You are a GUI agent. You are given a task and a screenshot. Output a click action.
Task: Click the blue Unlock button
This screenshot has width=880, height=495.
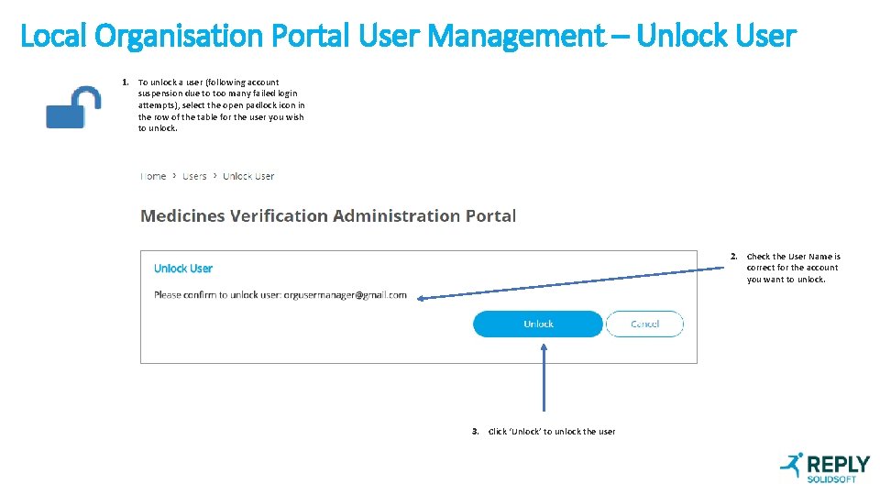pos(538,324)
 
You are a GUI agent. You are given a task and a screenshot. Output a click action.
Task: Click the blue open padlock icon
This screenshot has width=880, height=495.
pos(74,107)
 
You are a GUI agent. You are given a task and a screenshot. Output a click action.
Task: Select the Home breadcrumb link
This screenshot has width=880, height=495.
pos(153,176)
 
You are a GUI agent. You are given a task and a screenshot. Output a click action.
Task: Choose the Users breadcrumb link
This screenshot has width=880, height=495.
pos(194,176)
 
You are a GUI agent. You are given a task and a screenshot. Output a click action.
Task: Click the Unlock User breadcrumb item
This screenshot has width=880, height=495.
pos(248,176)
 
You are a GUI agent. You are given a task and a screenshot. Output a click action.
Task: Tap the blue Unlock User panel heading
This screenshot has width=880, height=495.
pos(182,269)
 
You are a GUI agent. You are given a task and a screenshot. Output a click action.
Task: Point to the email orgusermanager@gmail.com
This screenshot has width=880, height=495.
pos(345,295)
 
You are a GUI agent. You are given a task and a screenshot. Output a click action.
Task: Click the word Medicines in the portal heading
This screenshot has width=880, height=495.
pos(182,216)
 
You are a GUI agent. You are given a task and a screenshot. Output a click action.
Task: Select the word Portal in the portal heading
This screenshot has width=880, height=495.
pos(490,216)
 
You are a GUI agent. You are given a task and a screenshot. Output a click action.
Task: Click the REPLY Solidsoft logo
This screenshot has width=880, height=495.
pos(825,467)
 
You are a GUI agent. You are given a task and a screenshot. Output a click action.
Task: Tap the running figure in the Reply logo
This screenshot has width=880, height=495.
pos(791,467)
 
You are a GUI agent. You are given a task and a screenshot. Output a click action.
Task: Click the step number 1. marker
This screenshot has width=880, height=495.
pos(126,82)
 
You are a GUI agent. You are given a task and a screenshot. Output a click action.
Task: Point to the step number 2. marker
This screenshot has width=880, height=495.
pos(734,257)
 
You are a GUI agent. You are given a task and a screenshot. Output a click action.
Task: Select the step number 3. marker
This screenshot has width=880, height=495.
pos(476,431)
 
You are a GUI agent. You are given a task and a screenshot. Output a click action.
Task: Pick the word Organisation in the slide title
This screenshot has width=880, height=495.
pos(178,37)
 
